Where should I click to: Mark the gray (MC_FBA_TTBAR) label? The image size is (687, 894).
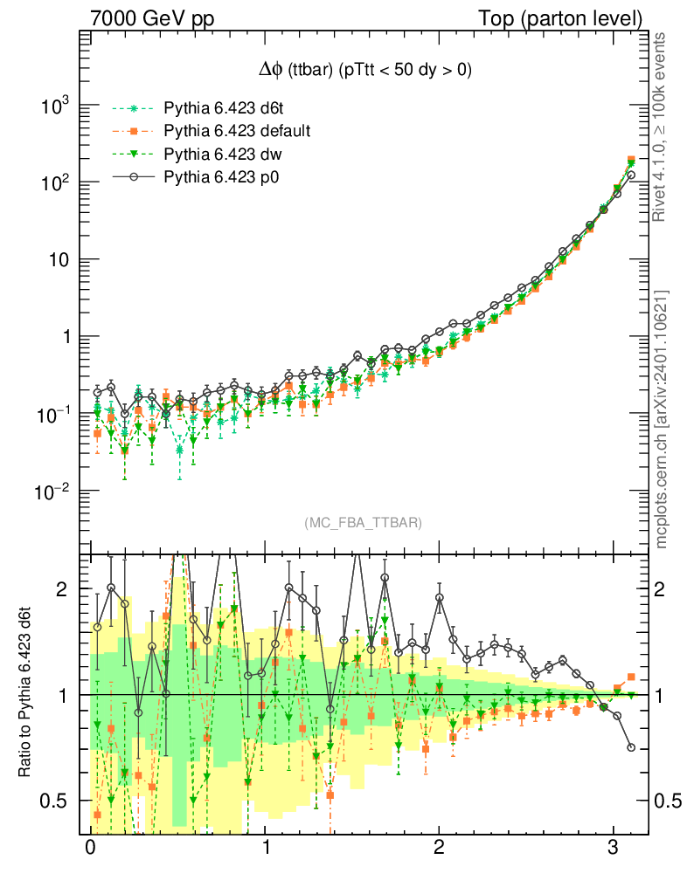(364, 523)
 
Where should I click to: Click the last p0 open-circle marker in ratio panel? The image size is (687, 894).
(631, 747)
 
